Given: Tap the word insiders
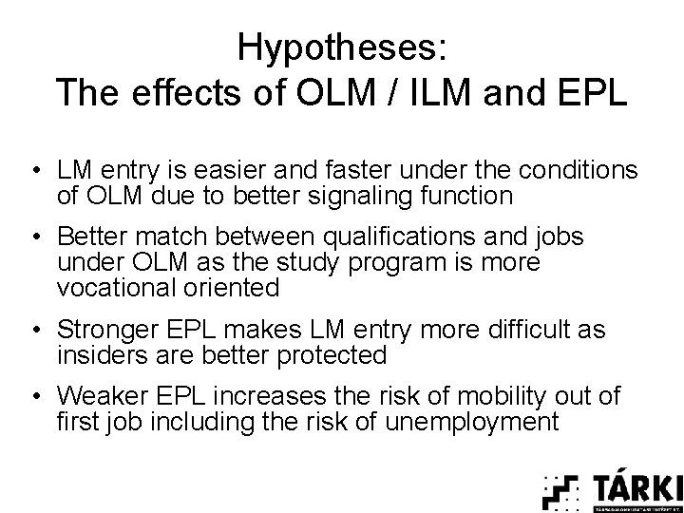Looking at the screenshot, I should coord(95,355).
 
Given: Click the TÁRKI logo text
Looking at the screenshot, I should coord(637,487).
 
